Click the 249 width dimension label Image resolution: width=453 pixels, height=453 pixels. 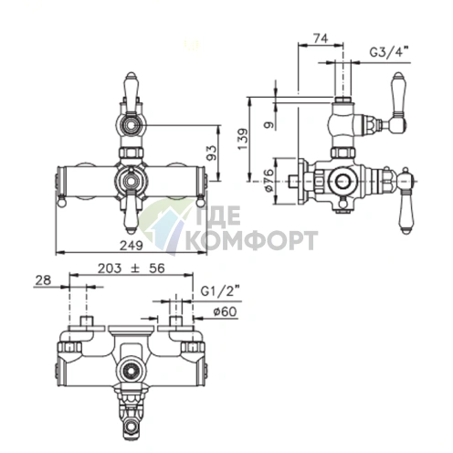click(132, 245)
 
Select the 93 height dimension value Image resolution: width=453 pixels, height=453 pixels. click(211, 153)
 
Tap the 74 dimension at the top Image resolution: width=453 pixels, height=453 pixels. click(321, 38)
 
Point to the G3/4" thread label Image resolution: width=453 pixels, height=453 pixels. click(389, 52)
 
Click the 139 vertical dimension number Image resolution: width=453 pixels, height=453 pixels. click(243, 140)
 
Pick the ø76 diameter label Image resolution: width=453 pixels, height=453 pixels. click(269, 180)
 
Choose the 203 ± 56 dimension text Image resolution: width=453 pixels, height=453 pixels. click(132, 269)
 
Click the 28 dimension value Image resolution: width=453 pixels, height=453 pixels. click(43, 280)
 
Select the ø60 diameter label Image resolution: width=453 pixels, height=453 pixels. click(225, 311)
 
